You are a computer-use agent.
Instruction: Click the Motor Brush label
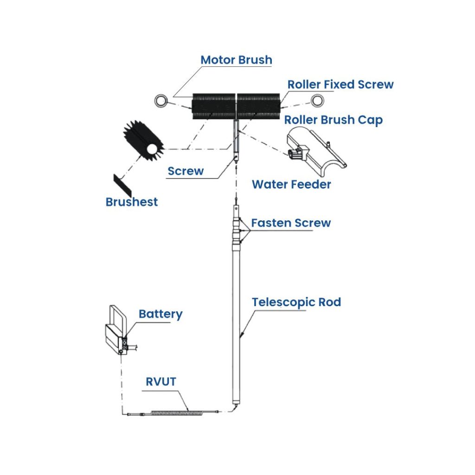[236, 60]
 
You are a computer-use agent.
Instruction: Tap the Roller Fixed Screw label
[340, 84]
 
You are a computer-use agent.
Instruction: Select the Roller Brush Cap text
[333, 120]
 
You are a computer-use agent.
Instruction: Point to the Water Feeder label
[291, 184]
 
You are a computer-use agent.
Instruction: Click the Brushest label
[132, 202]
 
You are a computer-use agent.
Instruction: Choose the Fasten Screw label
[291, 223]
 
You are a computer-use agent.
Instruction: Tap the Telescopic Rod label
[296, 302]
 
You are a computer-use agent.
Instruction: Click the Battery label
[160, 314]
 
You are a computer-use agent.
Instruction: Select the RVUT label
[161, 382]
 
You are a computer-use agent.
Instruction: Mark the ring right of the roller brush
[317, 100]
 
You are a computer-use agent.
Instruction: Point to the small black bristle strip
[122, 185]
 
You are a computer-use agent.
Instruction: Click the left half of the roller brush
[214, 106]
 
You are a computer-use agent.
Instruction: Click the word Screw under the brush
[186, 171]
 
